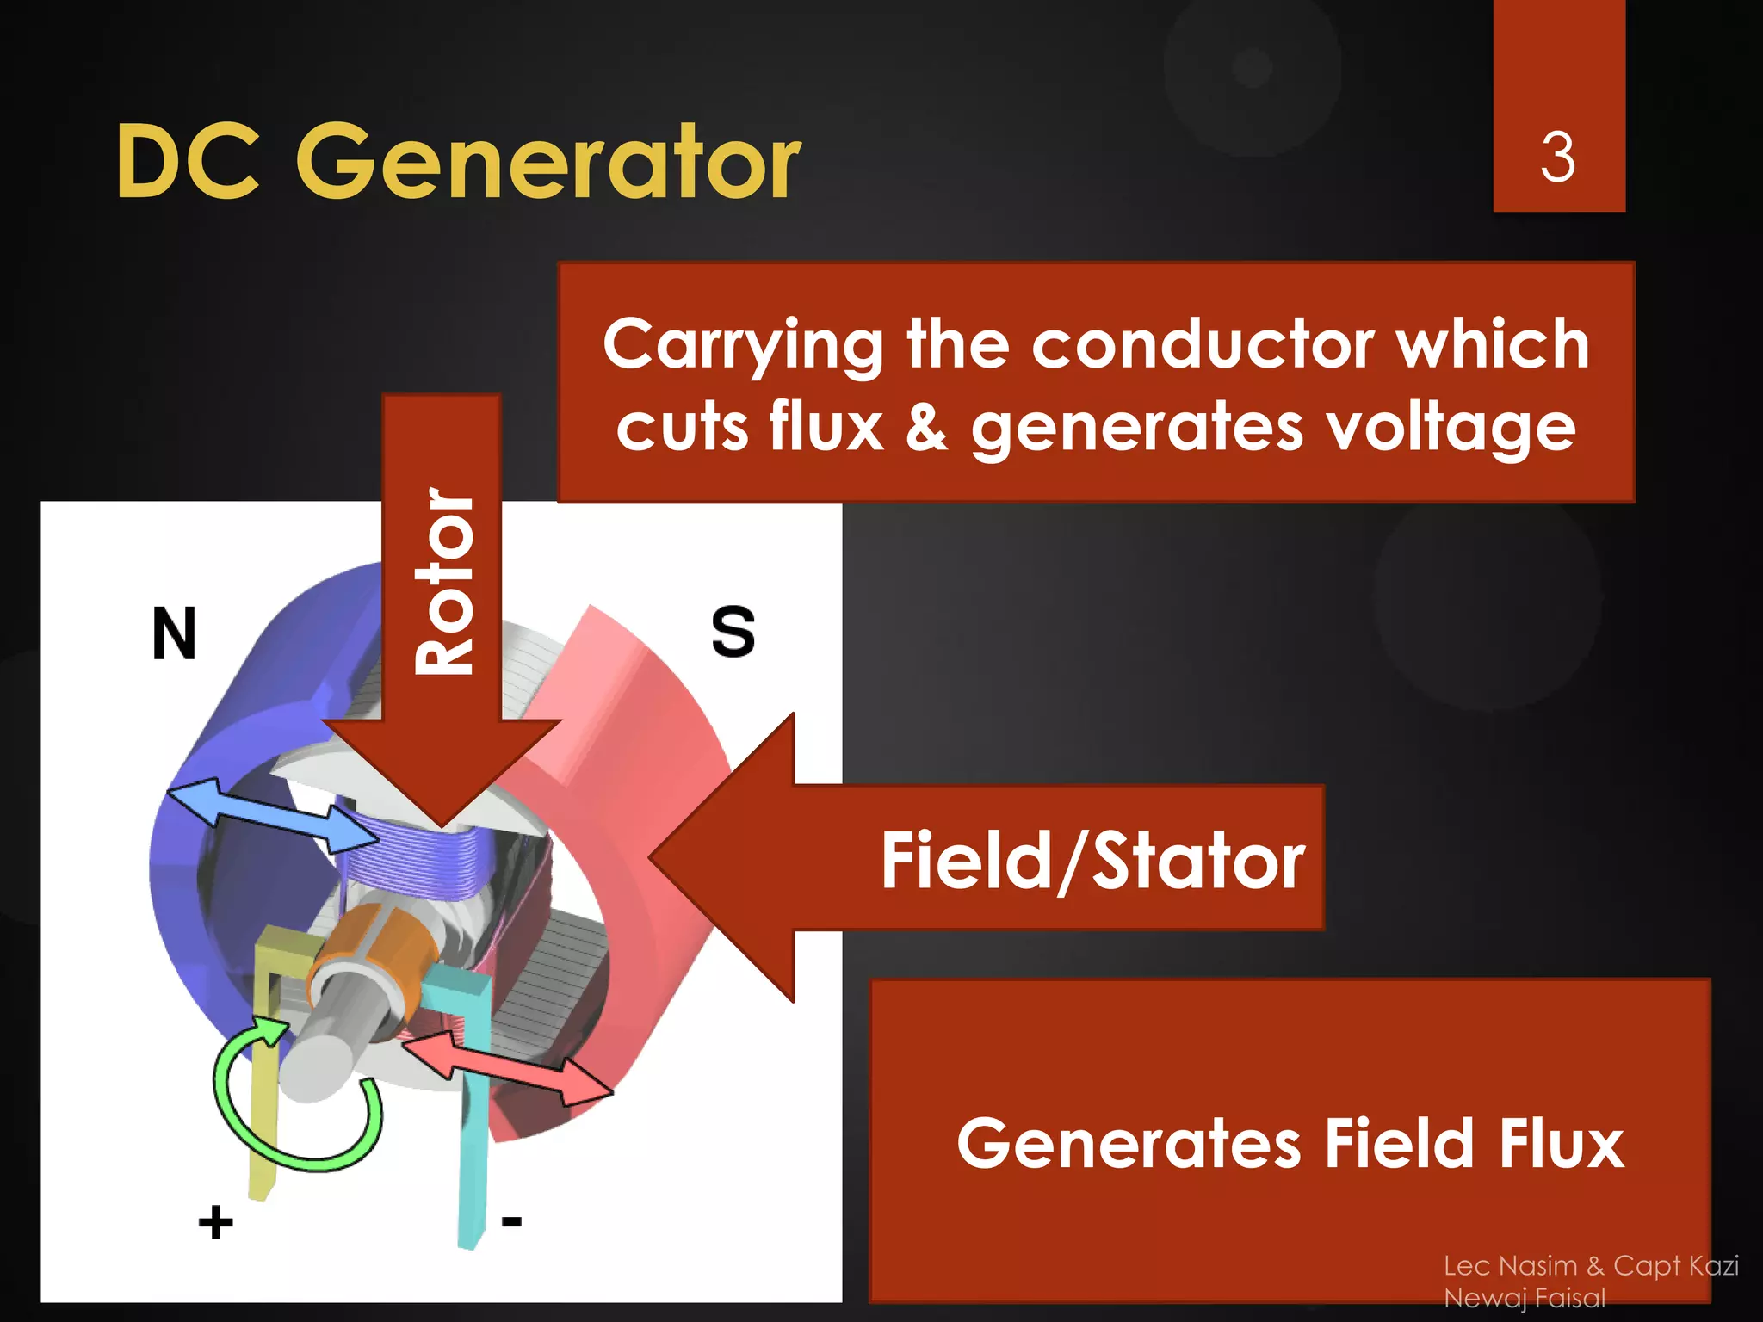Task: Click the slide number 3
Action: click(x=1557, y=158)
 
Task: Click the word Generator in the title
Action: click(x=548, y=161)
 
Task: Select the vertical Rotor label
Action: click(x=443, y=581)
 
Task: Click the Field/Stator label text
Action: click(x=1092, y=861)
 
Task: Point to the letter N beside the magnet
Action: click(x=174, y=634)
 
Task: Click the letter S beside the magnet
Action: click(x=733, y=633)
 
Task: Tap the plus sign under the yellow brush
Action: click(x=215, y=1222)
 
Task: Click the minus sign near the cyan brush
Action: click(x=511, y=1220)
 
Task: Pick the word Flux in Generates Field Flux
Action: click(x=1560, y=1143)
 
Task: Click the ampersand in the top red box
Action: click(x=926, y=428)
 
